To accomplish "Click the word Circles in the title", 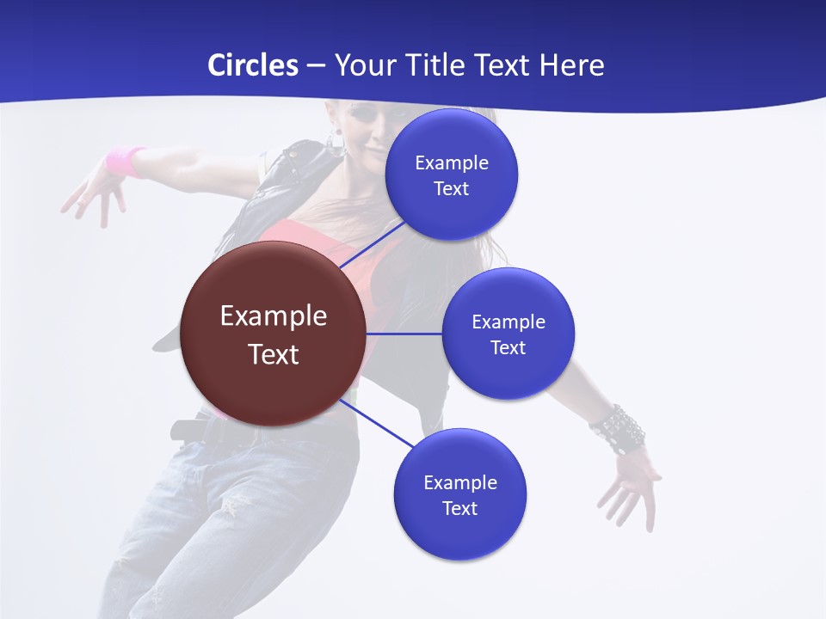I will [x=252, y=65].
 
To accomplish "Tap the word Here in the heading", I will [x=571, y=65].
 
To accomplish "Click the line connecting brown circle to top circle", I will [x=372, y=244].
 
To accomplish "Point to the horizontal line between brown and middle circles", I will [x=404, y=334].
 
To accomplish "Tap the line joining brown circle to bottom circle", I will [x=377, y=421].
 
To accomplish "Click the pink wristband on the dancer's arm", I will [x=126, y=161].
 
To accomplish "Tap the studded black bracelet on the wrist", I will [x=619, y=427].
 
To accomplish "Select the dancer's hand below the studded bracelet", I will [x=632, y=482].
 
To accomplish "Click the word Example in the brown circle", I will [x=274, y=316].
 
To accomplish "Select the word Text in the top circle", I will [x=452, y=189].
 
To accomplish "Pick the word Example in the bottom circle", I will [x=460, y=482].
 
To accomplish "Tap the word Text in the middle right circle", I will [x=508, y=348].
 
